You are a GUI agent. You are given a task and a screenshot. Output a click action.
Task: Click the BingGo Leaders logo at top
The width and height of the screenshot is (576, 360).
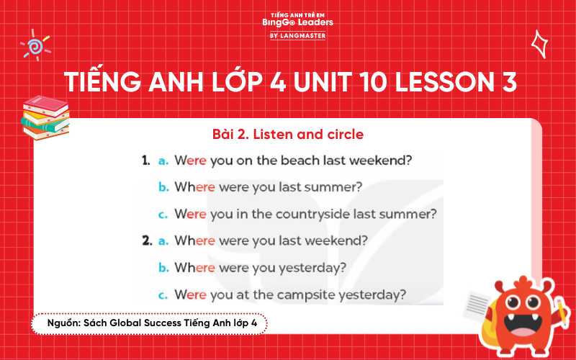(297, 25)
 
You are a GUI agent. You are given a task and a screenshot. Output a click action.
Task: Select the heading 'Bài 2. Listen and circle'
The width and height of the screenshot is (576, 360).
(288, 134)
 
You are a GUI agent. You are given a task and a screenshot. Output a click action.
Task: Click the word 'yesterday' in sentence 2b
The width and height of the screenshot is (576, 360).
(314, 268)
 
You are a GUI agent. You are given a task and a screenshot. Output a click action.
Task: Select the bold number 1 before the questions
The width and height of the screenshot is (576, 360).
(145, 161)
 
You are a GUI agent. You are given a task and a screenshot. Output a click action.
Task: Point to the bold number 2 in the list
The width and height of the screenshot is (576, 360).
(146, 241)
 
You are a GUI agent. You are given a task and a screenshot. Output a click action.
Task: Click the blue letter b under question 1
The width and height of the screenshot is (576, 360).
(163, 187)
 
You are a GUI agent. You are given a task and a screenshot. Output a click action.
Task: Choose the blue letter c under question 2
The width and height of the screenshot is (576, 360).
(163, 294)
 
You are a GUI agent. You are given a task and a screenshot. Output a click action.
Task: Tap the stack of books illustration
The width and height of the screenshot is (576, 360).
(45, 117)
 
